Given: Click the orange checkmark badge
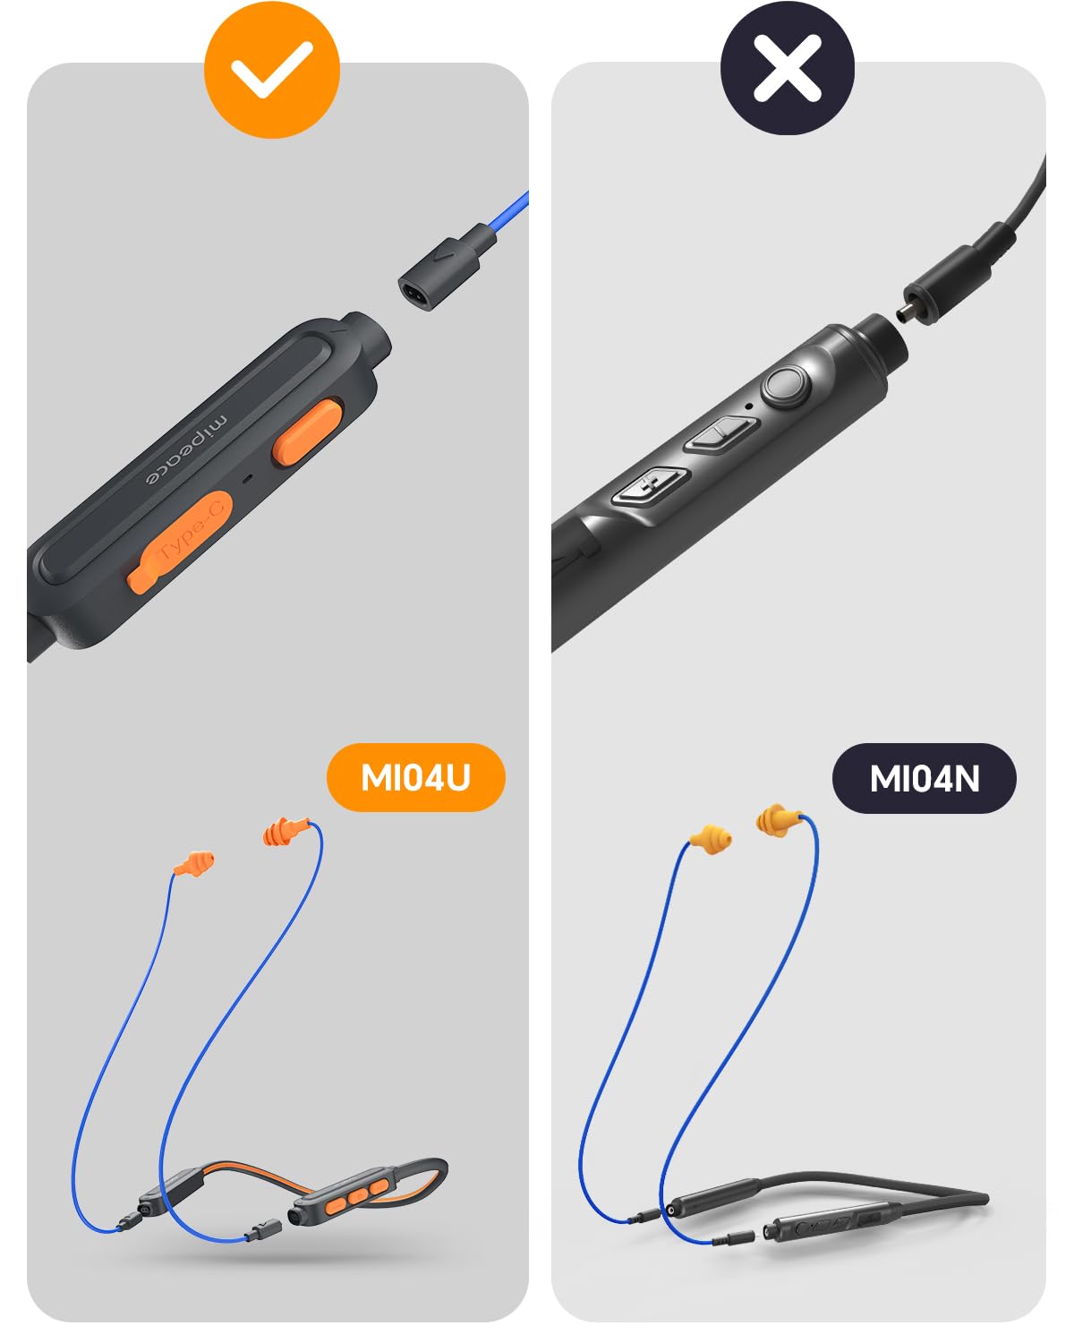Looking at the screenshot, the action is pyautogui.click(x=271, y=69).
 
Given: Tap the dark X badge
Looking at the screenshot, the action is pyautogui.click(x=787, y=67).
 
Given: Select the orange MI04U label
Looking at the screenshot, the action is pyautogui.click(x=415, y=777).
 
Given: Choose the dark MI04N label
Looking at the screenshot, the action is pyautogui.click(x=925, y=778).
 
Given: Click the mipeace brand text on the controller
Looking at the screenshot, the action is pyautogui.click(x=186, y=448).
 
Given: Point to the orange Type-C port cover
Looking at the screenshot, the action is pyautogui.click(x=179, y=541).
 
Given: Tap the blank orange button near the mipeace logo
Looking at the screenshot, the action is pyautogui.click(x=307, y=433).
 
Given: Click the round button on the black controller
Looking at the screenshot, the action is pyautogui.click(x=787, y=386).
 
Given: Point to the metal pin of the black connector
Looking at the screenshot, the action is pyautogui.click(x=910, y=310).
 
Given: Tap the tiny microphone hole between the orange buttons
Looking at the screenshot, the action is pyautogui.click(x=248, y=479).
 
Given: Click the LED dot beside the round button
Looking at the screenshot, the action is pyautogui.click(x=749, y=406).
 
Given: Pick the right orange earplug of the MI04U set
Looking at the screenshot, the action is pyautogui.click(x=285, y=831).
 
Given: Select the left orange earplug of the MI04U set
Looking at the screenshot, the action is pyautogui.click(x=194, y=864).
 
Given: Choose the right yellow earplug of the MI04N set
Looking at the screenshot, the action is pyautogui.click(x=778, y=819).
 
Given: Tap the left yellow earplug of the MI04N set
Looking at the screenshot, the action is pyautogui.click(x=711, y=840).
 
